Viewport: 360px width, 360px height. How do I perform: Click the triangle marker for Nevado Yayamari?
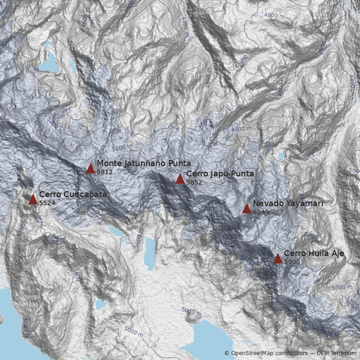(247, 208)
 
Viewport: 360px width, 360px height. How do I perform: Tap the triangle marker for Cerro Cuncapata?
(33, 199)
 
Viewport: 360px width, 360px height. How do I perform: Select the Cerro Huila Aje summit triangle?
(278, 258)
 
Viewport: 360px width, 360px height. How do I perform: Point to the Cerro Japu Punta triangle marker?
(180, 179)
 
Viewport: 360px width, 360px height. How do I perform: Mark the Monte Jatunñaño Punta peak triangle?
(90, 169)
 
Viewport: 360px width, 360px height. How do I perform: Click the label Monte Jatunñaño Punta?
(144, 163)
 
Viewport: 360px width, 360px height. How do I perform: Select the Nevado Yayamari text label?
(288, 203)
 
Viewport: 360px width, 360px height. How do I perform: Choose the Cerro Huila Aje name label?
(314, 253)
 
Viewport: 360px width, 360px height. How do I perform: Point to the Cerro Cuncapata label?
(73, 194)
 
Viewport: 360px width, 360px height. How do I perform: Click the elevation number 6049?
(260, 212)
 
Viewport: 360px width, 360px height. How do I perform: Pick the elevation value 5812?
(104, 172)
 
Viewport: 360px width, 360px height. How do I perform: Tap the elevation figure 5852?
(194, 182)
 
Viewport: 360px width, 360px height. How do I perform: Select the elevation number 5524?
(47, 203)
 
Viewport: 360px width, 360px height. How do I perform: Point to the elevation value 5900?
(292, 262)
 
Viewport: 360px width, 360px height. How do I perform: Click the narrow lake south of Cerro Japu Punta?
(150, 252)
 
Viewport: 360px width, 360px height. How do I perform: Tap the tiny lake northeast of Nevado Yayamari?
(281, 156)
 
